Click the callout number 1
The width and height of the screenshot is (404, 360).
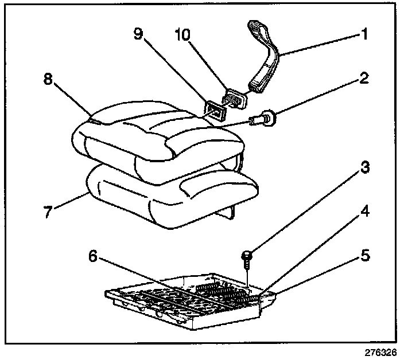coord(363,35)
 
